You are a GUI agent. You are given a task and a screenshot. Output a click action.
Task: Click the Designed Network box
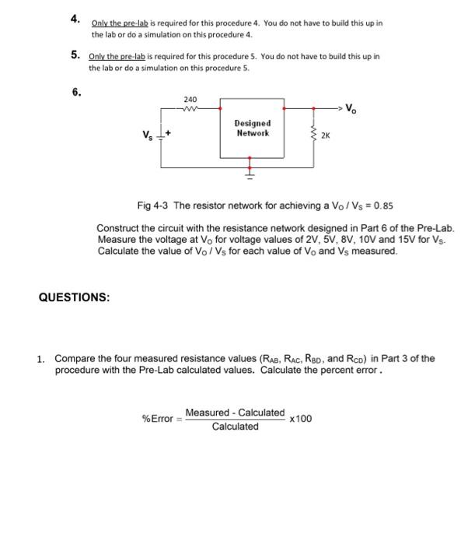[x=252, y=128]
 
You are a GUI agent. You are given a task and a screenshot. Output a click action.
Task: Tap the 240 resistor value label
[x=190, y=100]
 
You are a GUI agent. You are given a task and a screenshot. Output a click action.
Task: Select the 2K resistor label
[x=325, y=135]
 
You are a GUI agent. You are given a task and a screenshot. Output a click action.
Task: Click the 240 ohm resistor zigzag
[x=190, y=109]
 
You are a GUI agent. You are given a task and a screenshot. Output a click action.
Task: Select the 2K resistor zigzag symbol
[x=314, y=134]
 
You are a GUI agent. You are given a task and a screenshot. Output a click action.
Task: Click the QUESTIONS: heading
[x=74, y=297]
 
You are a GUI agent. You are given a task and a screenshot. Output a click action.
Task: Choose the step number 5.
[x=75, y=55]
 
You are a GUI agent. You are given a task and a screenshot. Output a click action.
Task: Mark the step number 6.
[x=76, y=91]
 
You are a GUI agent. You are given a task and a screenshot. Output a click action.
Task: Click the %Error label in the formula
[x=158, y=419]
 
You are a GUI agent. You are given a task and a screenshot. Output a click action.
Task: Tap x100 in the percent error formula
[x=300, y=419]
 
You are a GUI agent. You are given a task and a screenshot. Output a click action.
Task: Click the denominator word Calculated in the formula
[x=235, y=427]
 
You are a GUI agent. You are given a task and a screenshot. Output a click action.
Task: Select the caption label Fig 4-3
[x=153, y=206]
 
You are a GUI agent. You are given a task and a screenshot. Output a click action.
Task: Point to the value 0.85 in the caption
[x=382, y=206]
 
